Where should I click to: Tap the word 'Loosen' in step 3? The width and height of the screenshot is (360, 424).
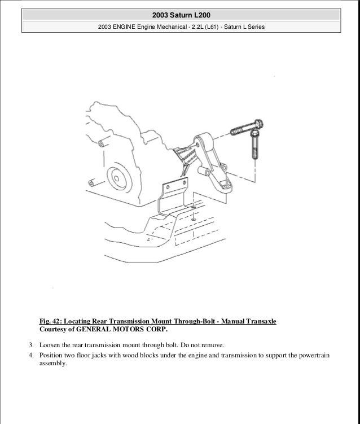click(50, 344)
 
